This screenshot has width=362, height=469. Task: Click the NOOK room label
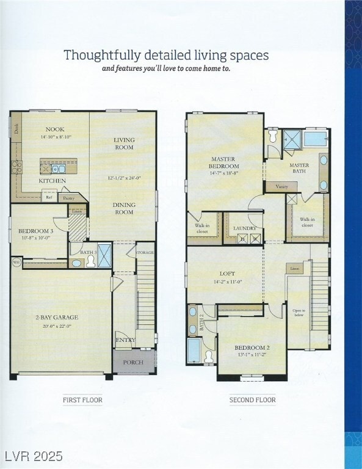pos(55,129)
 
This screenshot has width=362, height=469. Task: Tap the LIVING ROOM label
pos(124,144)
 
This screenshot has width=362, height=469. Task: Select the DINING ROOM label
pos(124,209)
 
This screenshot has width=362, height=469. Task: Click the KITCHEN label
pos(52,181)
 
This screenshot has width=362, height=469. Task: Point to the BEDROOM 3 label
pos(35,231)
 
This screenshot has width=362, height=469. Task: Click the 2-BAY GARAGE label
pos(57,318)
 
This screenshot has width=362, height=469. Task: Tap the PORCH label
pos(134,362)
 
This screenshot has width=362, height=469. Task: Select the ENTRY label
pos(126,340)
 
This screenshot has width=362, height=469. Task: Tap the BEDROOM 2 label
pos(252,347)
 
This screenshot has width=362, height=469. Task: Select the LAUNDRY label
pos(245,228)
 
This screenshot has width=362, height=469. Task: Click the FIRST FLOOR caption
pos(82,400)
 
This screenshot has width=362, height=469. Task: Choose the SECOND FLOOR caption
pos(252,400)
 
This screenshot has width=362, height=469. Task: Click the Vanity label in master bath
pos(281,187)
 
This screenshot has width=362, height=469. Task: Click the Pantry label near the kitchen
pos(68,198)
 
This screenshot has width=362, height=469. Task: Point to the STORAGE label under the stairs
pos(145,252)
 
